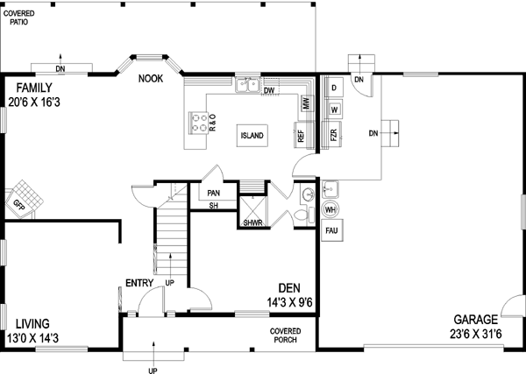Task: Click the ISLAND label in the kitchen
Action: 252,136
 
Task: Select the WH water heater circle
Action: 331,210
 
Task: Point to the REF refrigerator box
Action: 301,136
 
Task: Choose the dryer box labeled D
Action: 335,88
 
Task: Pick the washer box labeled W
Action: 335,109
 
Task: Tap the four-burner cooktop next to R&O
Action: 201,123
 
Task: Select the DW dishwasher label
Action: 269,90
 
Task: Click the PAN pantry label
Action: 213,193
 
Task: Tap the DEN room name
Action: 290,287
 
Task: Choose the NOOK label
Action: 150,79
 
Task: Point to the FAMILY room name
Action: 31,88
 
